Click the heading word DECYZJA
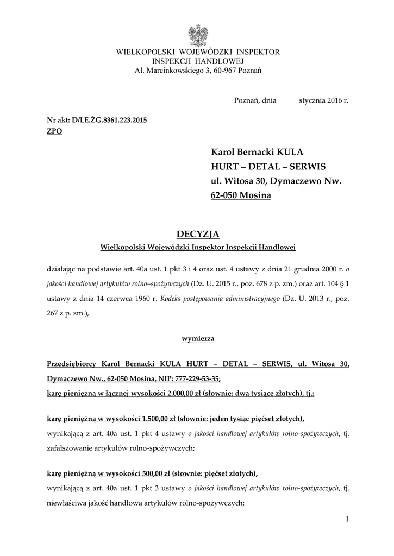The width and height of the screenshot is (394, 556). point(198,234)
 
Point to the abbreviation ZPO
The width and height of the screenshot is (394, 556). point(55,131)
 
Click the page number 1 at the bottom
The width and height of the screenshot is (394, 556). point(347,520)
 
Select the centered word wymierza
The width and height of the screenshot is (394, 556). point(197,338)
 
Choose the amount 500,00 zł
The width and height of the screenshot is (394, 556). point(158,473)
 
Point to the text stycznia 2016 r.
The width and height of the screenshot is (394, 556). point(323,100)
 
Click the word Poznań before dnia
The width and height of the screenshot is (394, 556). point(246,100)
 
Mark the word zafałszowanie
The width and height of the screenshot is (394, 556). point(71,448)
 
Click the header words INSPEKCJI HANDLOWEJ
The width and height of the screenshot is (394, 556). point(197,61)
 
